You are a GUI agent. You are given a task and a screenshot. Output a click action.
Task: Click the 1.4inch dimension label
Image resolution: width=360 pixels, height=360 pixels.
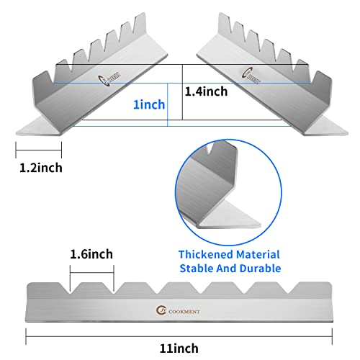206,91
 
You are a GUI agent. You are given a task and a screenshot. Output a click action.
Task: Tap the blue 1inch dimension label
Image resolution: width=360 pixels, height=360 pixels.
149,104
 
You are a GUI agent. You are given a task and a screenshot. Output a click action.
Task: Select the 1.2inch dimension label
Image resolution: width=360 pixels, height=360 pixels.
41,168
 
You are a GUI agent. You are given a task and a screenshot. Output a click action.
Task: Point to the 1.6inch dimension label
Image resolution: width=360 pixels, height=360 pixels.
91,254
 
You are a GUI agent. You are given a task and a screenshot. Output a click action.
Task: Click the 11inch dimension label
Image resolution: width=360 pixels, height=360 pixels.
179,348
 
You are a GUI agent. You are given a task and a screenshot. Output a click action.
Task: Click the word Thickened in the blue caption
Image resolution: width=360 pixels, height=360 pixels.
206,255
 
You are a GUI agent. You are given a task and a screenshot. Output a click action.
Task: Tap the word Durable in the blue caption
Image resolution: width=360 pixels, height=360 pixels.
261,269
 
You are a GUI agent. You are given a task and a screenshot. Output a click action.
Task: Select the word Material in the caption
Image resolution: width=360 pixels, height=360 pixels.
258,255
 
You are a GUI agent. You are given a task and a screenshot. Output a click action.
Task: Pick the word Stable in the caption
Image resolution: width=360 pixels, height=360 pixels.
197,269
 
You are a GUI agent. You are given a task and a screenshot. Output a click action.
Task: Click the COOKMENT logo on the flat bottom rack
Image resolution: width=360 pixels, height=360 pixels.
178,310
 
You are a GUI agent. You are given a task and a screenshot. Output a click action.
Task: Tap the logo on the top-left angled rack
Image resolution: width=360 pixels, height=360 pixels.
109,78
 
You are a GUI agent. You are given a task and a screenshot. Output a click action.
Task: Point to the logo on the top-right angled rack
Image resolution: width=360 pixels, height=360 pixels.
251,76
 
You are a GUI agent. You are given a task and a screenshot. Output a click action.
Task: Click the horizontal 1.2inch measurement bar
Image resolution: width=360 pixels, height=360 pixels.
39,150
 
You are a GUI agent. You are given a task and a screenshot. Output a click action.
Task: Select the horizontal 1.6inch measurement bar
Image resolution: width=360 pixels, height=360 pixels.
92,273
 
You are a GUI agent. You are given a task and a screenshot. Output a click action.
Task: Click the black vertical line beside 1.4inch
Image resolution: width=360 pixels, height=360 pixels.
182,92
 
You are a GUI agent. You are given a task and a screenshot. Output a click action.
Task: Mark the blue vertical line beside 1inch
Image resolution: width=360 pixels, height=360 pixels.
167,104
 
